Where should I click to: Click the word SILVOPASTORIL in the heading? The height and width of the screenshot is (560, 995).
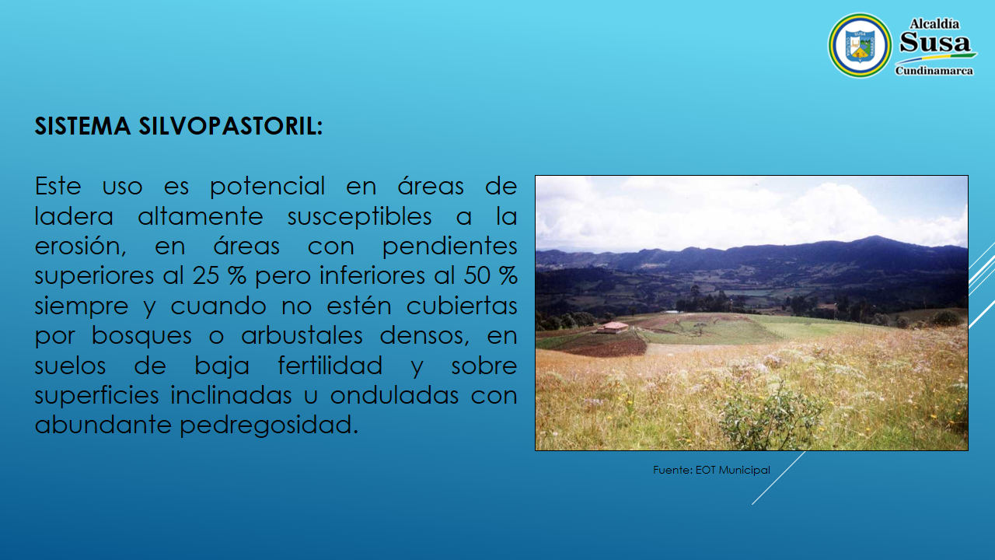coord(231,126)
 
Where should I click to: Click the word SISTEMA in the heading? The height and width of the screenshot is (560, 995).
coord(82,126)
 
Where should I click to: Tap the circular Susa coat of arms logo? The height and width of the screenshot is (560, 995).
coord(860,45)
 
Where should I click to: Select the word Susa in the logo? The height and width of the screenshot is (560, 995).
coord(935,43)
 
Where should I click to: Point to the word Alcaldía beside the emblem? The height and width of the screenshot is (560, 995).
coord(934,23)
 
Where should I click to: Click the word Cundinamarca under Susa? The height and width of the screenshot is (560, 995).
coord(934,71)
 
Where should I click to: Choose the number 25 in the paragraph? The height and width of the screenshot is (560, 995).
coord(206,275)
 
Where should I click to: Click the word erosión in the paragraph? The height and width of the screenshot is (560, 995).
coord(80,247)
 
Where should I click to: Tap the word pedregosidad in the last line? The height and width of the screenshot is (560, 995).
coord(269,425)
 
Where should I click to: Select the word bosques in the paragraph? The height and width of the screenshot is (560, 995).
coord(141,335)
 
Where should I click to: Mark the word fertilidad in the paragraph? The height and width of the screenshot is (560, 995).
coord(330,366)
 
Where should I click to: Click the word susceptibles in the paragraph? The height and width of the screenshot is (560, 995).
coord(359,216)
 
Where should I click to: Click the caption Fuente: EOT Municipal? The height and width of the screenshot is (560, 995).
coord(711,470)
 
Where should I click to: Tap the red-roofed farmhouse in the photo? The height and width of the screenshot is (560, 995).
coord(613,328)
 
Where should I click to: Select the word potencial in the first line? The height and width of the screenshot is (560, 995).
coord(267,187)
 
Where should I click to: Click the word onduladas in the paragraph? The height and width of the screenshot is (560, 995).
coord(394,396)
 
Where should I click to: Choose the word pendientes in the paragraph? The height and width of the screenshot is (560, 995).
coord(449,247)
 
